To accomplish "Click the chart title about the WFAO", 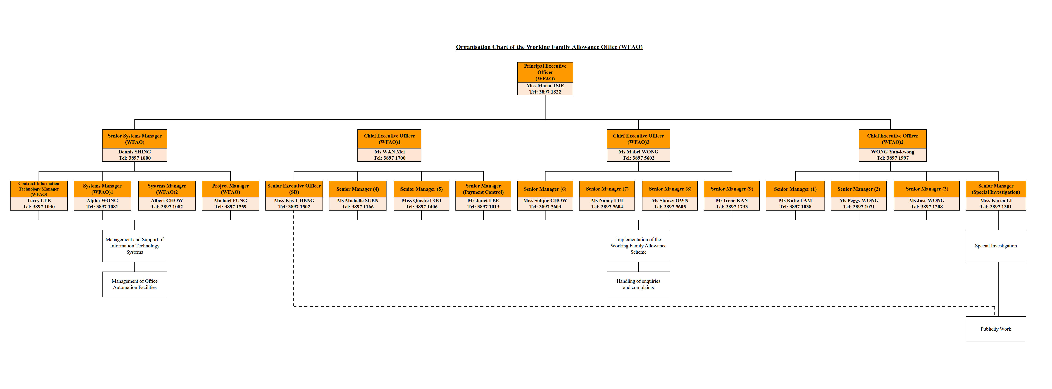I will click(x=549, y=47).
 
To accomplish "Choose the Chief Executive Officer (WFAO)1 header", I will click(x=389, y=139).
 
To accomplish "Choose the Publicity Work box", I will click(x=996, y=329).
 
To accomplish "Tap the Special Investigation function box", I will click(x=996, y=246).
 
